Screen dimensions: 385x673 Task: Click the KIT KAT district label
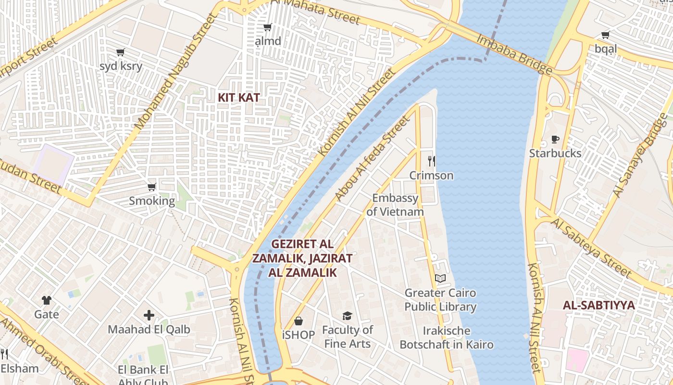coord(239,98)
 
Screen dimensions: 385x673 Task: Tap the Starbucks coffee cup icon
coord(555,140)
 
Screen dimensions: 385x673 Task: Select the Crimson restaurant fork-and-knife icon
coord(431,161)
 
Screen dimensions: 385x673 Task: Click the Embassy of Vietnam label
coord(395,205)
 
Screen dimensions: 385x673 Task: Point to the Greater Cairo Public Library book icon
coord(440,278)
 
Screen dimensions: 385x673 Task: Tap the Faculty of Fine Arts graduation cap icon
coord(347,316)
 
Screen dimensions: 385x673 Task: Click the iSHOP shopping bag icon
coord(299,321)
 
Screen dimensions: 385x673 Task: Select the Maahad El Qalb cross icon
coord(149,315)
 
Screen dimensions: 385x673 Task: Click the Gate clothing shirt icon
coord(47,300)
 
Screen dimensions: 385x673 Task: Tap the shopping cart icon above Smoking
coord(152,187)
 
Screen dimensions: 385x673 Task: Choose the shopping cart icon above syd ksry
coord(121,52)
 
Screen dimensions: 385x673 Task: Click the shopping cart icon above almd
coord(268,27)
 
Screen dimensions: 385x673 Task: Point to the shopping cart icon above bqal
coord(606,35)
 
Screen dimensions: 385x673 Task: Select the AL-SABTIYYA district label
coord(598,306)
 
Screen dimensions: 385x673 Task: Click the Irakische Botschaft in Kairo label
coord(447,338)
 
